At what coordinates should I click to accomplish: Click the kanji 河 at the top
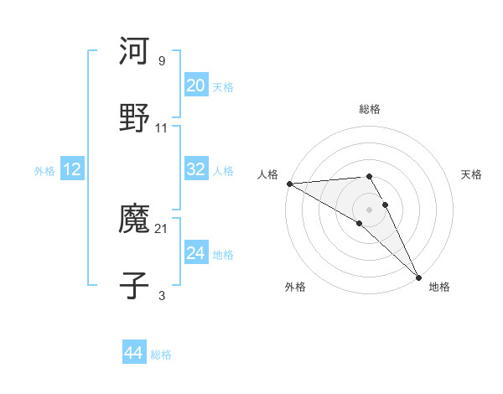coord(134,52)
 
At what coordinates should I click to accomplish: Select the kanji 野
coord(134,118)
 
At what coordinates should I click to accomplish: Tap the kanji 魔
coord(134,220)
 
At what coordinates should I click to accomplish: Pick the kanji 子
coord(134,285)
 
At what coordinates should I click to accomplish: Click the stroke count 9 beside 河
coord(162,61)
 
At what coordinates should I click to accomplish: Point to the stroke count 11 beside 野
coord(162,127)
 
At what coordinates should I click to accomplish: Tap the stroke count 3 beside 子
coord(162,295)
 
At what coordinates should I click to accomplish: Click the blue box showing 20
coord(196,86)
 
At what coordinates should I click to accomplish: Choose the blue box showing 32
coord(196,169)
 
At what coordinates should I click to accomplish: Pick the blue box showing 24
coord(196,253)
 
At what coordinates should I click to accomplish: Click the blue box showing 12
coord(72,169)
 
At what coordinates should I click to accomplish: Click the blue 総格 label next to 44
coord(161,355)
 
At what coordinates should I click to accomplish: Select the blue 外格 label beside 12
coord(44,171)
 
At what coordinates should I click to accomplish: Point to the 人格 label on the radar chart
coord(267,174)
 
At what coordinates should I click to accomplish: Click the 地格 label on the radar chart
coord(439,287)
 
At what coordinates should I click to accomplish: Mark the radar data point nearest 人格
coord(288,184)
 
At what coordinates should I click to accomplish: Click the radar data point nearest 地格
coord(417,277)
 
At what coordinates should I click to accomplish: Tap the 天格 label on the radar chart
coord(471,174)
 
